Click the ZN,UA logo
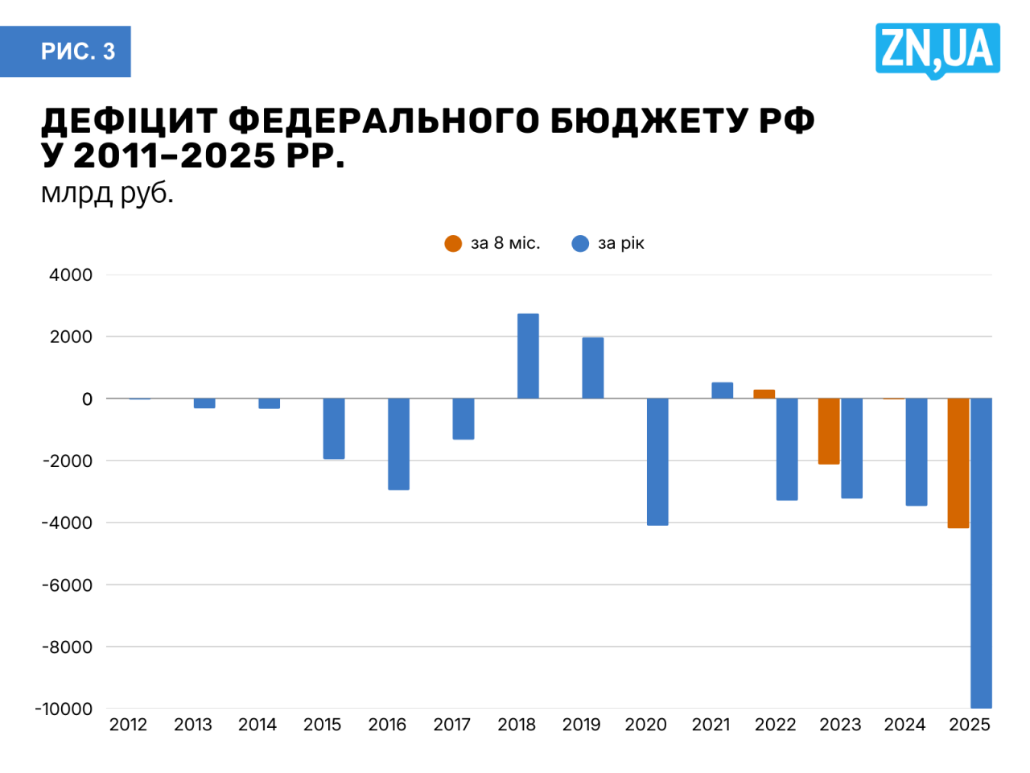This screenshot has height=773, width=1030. pos(937,50)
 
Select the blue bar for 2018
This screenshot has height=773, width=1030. pos(528,356)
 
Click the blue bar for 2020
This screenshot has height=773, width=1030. pos(657,461)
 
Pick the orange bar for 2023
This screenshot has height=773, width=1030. pos(829,431)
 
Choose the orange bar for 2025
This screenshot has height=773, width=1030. pos(958,463)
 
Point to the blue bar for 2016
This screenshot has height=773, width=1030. pos(398,444)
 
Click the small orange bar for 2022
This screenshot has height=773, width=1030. pos(764,394)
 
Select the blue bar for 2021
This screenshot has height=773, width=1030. pos(723,391)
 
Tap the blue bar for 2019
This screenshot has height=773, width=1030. pos(593,368)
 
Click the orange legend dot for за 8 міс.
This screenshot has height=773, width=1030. pos(453,243)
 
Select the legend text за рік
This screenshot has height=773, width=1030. pos(620,243)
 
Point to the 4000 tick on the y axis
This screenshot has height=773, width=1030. pos(71,275)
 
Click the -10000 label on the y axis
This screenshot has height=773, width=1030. pos(64,709)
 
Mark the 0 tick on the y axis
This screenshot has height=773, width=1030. pos(87,399)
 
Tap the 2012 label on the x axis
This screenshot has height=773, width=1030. pos(128,725)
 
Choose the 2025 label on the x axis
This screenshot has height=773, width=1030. pos(970,725)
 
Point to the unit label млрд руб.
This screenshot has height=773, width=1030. pos(107,193)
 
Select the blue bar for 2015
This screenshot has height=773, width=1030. pos(334,428)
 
